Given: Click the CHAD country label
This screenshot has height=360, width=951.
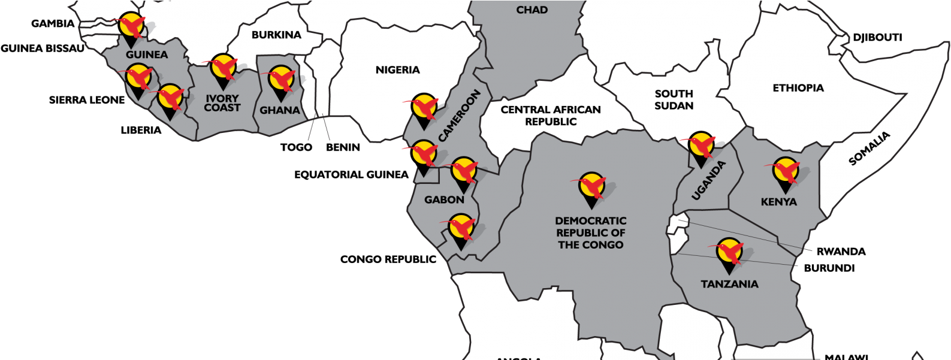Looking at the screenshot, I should coord(532,10).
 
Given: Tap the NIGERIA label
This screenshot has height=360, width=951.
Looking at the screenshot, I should coord(397,70).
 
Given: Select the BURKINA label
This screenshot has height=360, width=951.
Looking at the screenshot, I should coord(276,35).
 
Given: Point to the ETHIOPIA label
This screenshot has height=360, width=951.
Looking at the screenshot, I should coord(798,88).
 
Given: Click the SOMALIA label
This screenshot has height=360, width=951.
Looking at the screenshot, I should coord(870,149).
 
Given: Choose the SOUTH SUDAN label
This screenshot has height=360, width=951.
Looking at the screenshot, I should coord(674,99).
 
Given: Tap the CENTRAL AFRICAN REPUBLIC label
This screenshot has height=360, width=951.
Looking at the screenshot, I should coord(550,116).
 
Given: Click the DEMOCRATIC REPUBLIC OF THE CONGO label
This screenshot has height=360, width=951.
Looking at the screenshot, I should coord(590,232).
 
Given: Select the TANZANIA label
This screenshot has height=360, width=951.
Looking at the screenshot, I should coord(729,284).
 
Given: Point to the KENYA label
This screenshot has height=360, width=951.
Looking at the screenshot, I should coord(778,202).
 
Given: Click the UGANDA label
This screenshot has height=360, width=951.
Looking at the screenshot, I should coord(708,180).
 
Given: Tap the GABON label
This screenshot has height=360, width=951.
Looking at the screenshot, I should coord(444,199).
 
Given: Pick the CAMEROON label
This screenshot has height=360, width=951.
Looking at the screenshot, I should coord(460,116).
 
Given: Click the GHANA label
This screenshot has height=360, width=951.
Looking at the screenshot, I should coord(280,110).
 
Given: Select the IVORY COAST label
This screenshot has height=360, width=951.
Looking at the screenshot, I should coord(222,103).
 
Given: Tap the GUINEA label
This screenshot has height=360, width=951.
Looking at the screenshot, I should coord(147,55).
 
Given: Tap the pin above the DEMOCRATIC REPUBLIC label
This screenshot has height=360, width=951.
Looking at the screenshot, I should coord(592,186).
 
